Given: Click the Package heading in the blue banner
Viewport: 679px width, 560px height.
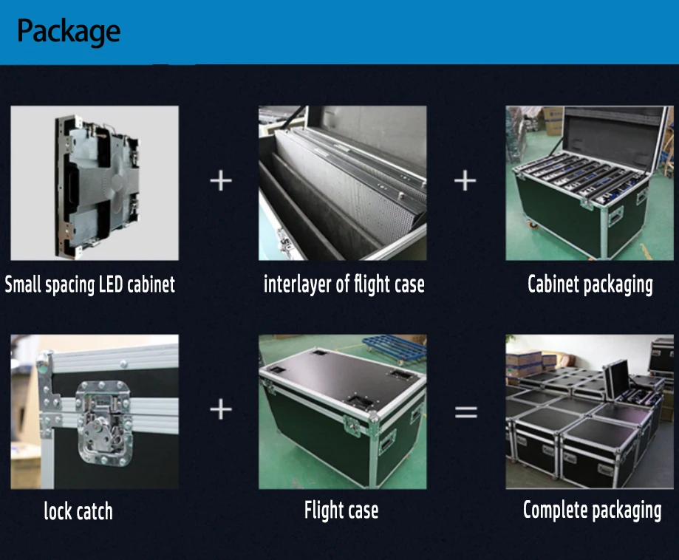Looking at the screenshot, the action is (68, 32).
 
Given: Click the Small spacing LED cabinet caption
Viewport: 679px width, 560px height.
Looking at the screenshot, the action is (90, 285).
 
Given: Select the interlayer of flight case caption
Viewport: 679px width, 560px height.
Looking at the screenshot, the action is (344, 284).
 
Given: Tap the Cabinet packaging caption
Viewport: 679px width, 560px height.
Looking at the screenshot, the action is (590, 284).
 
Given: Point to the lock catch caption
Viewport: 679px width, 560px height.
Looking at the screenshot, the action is (78, 511).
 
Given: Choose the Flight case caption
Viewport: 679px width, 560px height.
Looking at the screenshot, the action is (341, 510).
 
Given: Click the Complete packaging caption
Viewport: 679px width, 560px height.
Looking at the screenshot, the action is (592, 510).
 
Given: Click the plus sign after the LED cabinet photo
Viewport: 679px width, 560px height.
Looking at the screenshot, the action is (220, 180).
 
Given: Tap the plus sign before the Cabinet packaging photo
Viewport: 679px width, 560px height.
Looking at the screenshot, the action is (465, 180).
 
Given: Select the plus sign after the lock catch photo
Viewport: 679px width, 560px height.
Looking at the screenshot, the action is (220, 409).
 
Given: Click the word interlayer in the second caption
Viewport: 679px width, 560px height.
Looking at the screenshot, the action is (297, 284).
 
